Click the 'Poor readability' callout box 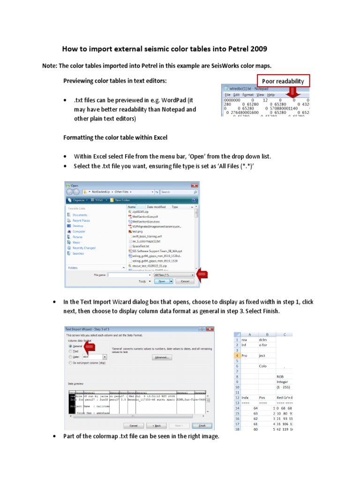[283, 81]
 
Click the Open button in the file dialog [162, 281]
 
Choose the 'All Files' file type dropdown [173, 275]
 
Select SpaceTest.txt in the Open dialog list [140, 246]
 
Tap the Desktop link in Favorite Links [78, 226]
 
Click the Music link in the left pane [76, 242]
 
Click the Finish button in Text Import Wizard [202, 426]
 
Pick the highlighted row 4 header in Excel [237, 355]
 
